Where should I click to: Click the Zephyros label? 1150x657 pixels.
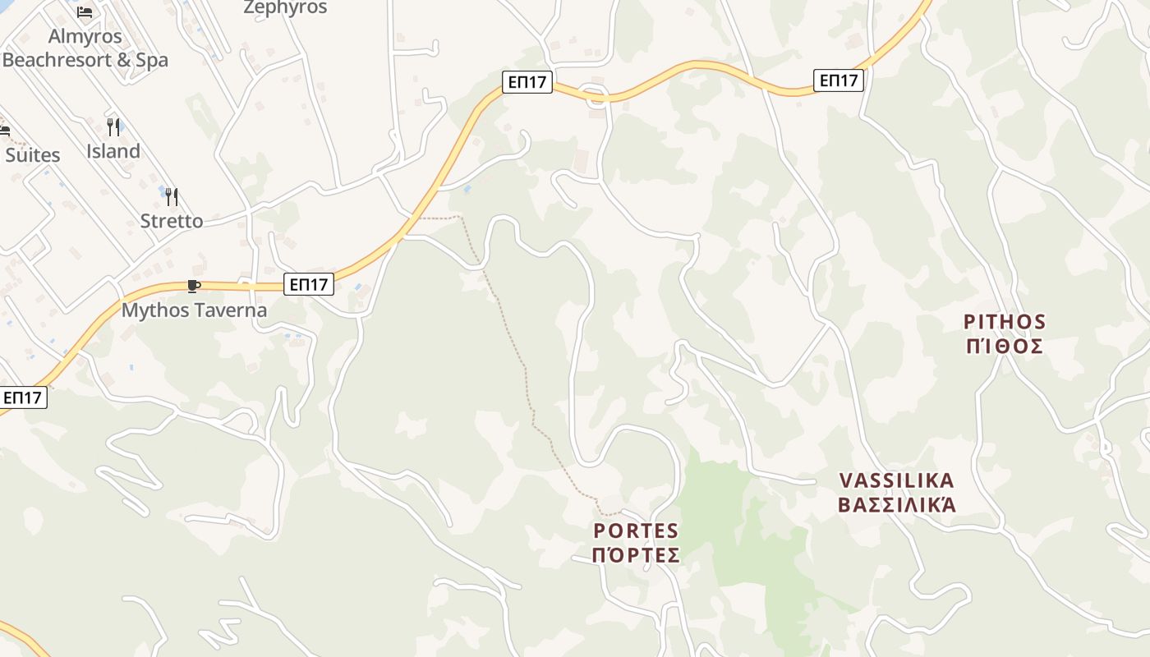point(285,8)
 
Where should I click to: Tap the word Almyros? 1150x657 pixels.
point(85,37)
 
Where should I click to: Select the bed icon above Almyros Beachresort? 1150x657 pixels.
point(85,12)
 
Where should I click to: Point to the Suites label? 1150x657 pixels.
point(33,155)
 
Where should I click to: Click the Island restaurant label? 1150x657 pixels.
point(113,151)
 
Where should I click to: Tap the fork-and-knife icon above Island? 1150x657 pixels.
point(113,127)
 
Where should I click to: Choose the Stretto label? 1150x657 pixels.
point(171,221)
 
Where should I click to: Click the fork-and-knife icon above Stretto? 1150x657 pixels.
point(171,197)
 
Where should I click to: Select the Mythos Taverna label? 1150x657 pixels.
point(194,310)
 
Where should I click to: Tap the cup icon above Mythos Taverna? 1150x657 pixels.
point(193,286)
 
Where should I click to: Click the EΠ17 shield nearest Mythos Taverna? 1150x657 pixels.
point(309,284)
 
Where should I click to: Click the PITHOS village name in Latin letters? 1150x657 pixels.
point(1005,321)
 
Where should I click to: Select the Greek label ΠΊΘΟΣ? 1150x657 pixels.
point(1005,346)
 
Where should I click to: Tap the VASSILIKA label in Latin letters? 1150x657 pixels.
point(896,480)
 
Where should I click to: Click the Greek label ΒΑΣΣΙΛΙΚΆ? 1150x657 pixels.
point(896,504)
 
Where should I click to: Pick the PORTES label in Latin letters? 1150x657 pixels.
point(636,531)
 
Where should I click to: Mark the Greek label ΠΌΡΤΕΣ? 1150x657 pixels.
point(636,556)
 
